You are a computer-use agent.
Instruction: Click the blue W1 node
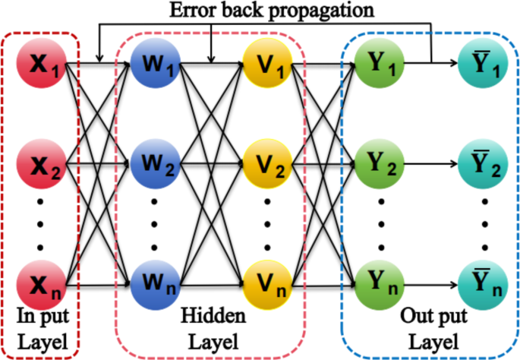click(x=154, y=64)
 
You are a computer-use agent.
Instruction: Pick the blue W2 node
click(x=154, y=165)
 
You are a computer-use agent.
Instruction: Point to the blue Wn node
click(x=154, y=286)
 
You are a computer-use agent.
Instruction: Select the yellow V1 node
click(x=267, y=64)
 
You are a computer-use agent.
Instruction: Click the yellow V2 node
click(x=267, y=165)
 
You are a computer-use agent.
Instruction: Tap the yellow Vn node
click(x=267, y=286)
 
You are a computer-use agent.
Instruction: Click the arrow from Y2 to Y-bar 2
click(x=430, y=165)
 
